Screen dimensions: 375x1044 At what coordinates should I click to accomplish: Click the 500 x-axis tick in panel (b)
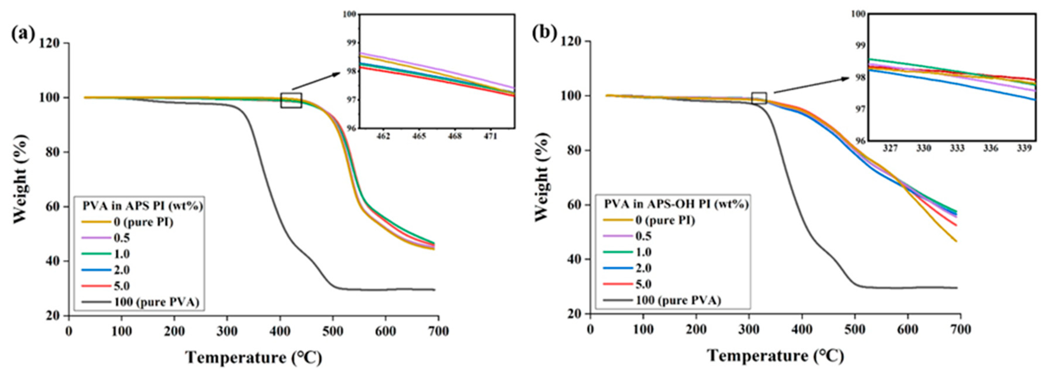point(855,329)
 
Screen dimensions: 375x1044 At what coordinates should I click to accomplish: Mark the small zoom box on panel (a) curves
point(291,100)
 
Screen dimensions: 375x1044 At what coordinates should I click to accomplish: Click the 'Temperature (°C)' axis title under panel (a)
point(254,358)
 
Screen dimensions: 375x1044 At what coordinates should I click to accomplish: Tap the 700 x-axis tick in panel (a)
point(438,331)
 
